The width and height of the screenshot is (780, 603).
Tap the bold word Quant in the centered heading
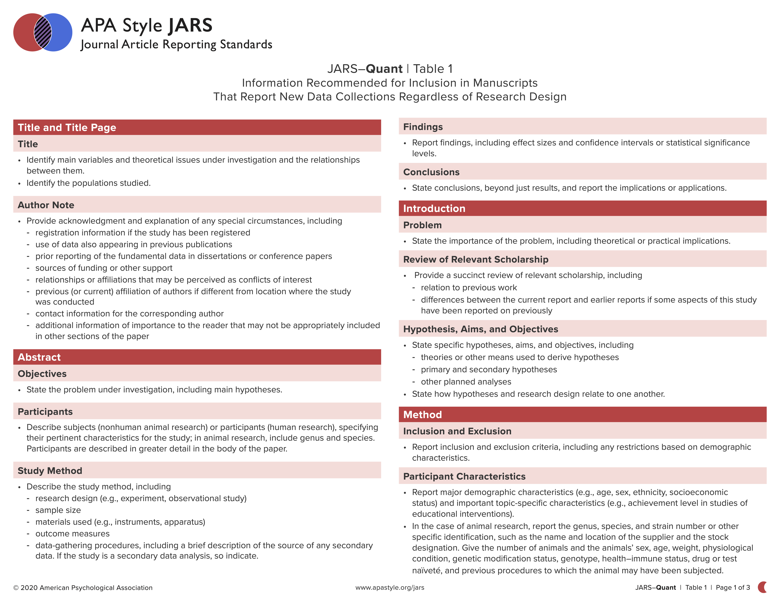point(384,69)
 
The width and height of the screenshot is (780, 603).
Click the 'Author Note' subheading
point(46,205)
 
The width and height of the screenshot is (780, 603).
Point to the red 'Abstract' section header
point(39,357)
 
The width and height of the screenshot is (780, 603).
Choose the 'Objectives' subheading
point(42,374)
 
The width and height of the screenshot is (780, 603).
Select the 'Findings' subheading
point(423,127)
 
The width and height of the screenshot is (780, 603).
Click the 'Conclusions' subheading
point(431,172)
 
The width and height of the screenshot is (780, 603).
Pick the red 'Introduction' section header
point(434,209)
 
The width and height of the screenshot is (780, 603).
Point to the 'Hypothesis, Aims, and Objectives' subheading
point(480,329)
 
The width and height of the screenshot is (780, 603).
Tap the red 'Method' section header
point(423,415)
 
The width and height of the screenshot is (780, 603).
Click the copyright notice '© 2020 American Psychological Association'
point(83,588)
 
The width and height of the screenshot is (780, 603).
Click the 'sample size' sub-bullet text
point(58,510)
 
